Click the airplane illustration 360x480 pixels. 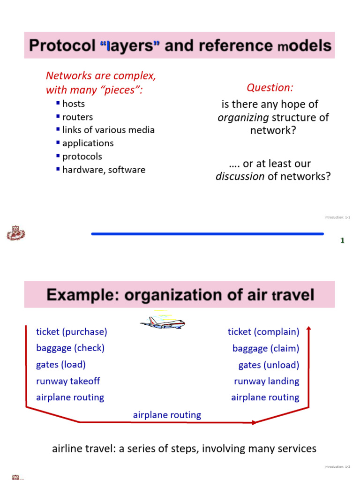click(x=162, y=322)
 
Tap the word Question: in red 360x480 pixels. click(x=270, y=88)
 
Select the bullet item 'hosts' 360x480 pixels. click(x=74, y=104)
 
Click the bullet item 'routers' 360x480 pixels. click(x=77, y=117)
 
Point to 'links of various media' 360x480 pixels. click(x=108, y=130)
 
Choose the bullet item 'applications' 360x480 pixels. click(x=88, y=143)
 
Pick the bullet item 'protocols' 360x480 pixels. click(x=82, y=156)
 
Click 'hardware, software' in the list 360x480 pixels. click(x=104, y=170)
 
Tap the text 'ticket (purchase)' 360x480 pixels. click(x=72, y=332)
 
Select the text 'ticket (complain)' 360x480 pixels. click(x=263, y=332)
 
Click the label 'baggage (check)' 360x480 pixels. click(x=70, y=348)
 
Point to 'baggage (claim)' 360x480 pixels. click(x=266, y=348)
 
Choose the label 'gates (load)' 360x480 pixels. click(x=61, y=365)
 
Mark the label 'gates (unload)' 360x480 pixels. click(x=269, y=365)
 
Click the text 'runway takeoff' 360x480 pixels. click(x=68, y=381)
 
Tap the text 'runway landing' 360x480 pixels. click(x=267, y=381)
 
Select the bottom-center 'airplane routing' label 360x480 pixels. click(x=167, y=415)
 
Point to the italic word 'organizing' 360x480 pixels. click(x=243, y=117)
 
